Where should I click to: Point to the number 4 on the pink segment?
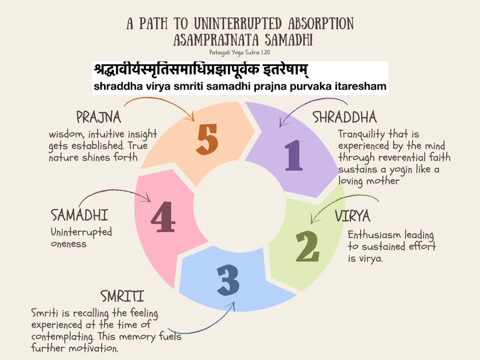(x=163, y=216)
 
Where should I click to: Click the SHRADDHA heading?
(x=345, y=117)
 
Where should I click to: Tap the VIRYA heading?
(x=352, y=216)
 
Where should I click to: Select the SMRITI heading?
(x=122, y=296)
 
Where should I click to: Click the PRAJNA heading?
(x=98, y=117)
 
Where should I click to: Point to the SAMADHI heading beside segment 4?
(x=79, y=216)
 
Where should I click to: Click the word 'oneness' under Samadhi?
(x=68, y=243)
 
